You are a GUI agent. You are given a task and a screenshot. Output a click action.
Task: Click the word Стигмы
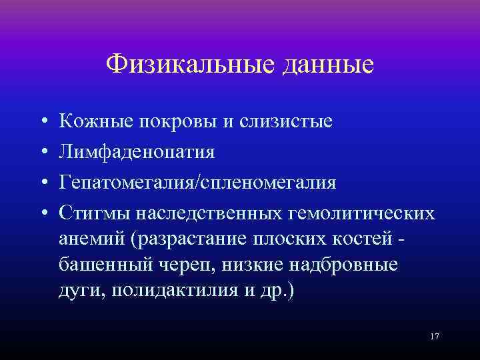(x=94, y=213)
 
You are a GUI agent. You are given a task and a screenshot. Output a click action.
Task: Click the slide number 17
(x=435, y=337)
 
